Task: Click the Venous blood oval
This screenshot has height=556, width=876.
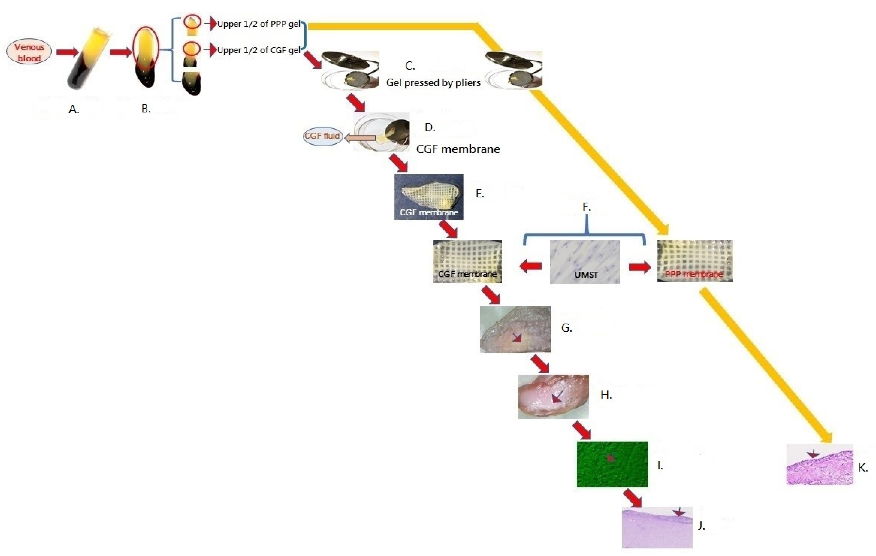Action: click(29, 52)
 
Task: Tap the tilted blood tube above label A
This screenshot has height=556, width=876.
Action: click(87, 60)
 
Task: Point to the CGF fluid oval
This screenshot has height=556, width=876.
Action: click(322, 136)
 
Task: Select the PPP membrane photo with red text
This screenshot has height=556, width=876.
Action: click(695, 261)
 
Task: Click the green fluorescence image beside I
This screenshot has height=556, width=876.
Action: click(612, 464)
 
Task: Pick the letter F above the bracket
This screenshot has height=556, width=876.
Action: click(586, 207)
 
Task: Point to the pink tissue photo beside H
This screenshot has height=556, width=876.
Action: click(553, 397)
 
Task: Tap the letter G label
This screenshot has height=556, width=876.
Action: click(566, 328)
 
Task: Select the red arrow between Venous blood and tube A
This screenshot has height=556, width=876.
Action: click(67, 52)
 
